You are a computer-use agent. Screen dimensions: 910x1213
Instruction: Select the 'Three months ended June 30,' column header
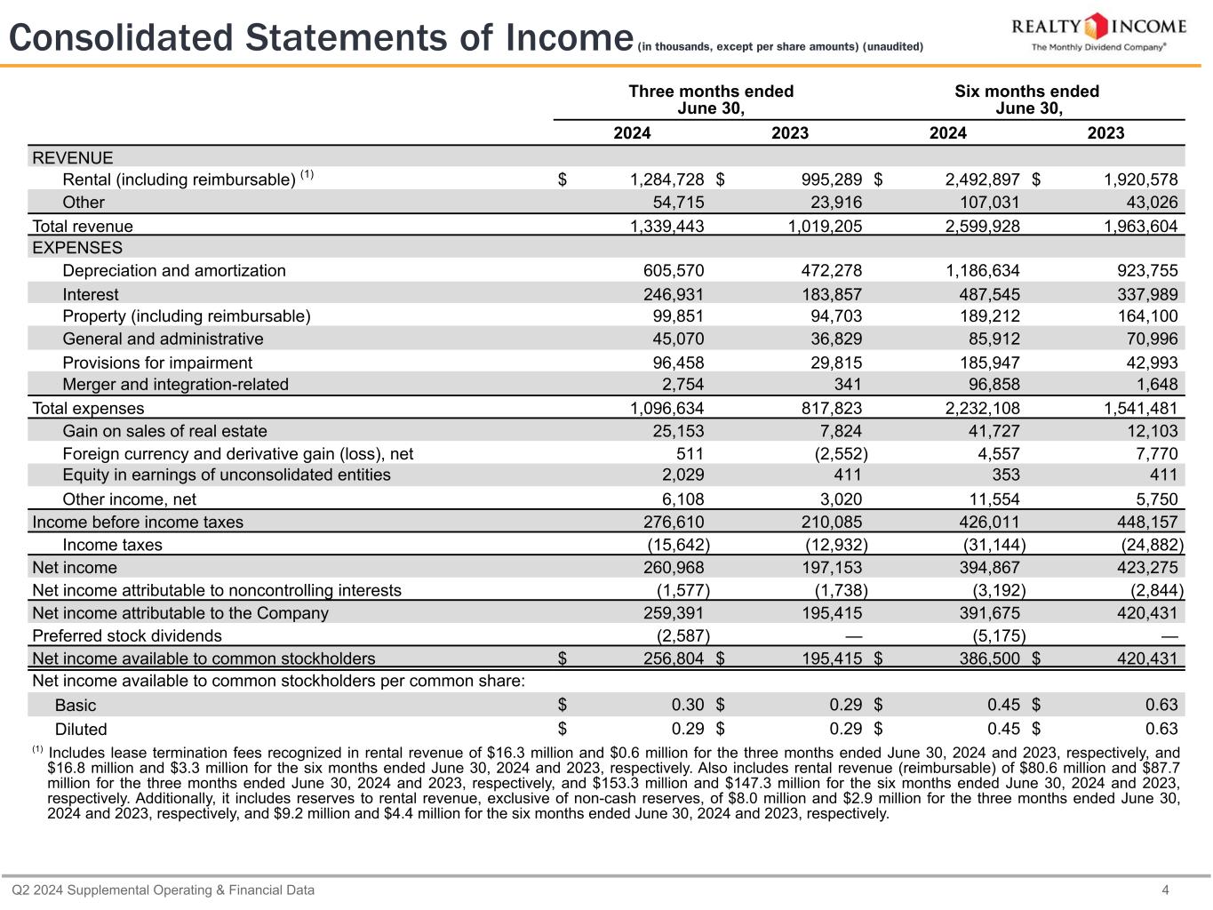coord(711,100)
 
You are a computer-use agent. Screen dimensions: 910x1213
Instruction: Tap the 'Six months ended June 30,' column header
coord(1026,100)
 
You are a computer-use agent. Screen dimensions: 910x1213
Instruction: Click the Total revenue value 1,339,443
coord(666,226)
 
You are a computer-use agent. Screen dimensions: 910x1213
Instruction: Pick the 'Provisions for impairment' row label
coord(157,363)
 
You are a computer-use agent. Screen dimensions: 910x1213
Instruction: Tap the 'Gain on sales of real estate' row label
coord(164,431)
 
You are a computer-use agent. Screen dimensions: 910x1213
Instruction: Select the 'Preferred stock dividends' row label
coord(127,635)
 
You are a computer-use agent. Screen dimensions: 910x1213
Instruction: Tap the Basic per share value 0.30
coord(688,705)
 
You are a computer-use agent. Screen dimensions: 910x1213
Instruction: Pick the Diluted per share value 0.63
coord(1161,729)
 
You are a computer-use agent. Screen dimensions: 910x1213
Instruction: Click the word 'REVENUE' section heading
coord(73,158)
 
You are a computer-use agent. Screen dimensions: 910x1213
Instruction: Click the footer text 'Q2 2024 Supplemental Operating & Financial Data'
coord(163,890)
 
